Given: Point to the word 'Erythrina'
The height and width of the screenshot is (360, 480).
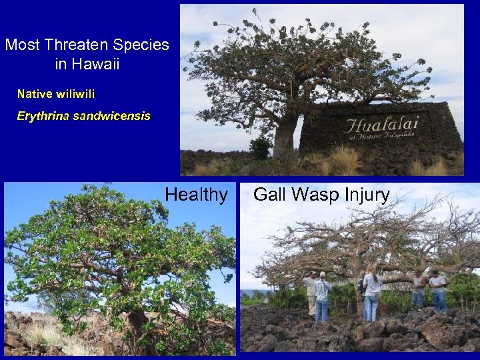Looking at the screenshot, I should (42, 116).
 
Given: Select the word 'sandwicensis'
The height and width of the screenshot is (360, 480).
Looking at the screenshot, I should (111, 116).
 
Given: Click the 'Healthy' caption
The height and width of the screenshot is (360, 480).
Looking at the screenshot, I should (196, 195).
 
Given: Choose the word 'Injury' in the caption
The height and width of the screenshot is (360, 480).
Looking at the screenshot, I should (366, 195).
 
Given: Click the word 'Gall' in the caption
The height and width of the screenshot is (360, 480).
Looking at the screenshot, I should (269, 195).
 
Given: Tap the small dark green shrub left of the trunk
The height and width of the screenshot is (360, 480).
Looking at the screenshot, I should (261, 147).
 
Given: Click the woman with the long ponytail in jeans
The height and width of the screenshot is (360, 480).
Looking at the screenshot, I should (371, 293).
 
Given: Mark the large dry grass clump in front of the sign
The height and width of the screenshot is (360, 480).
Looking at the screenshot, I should (343, 161).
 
